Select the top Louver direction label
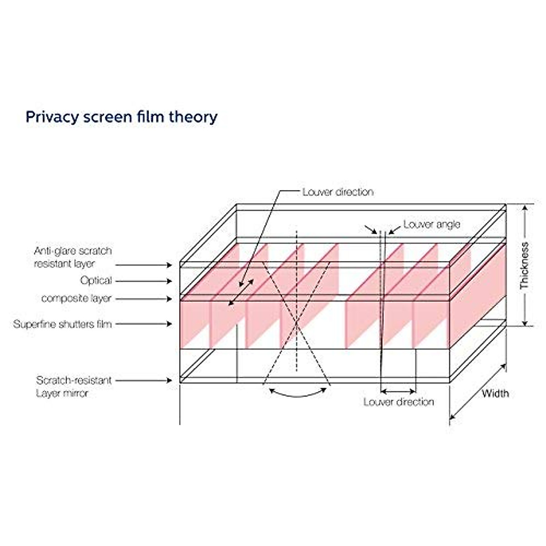338,192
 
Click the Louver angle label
431,224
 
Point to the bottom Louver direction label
399,402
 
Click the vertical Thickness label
525,266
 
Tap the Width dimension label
495,393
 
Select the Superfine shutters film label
62,324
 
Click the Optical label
96,281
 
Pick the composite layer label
76,298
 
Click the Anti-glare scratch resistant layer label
73,257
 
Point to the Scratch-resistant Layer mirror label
73,386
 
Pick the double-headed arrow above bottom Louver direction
398,391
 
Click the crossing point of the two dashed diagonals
297,324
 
